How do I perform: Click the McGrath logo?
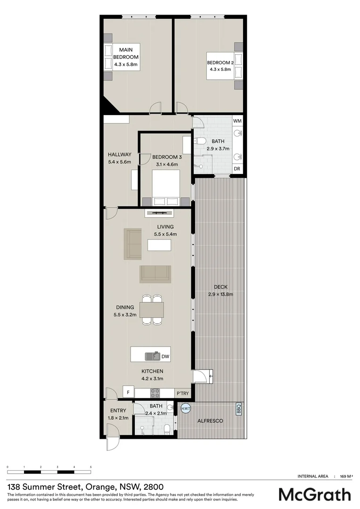(314, 494)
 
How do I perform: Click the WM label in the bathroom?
(237, 121)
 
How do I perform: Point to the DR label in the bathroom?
(237, 169)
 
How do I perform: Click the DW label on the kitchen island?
(165, 357)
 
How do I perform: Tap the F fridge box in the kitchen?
(128, 392)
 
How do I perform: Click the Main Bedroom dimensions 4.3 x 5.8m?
(125, 64)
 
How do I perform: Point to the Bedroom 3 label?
(167, 157)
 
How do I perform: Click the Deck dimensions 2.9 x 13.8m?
(221, 294)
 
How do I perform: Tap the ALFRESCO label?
(210, 420)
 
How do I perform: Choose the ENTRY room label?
(118, 410)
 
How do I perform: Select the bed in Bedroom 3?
(165, 186)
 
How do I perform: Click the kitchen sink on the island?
(152, 356)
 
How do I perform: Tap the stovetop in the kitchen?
(155, 392)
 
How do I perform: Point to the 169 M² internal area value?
(346, 476)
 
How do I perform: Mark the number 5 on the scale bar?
(90, 467)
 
